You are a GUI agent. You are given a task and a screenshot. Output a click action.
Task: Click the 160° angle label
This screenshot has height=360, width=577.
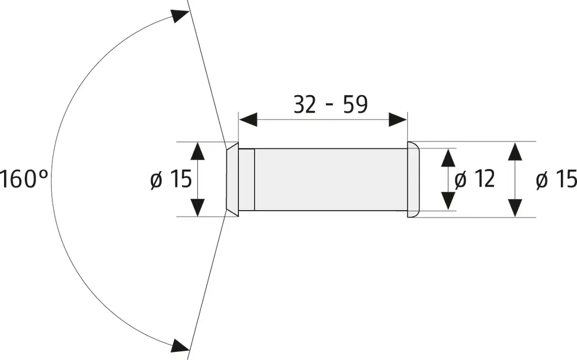[x=23, y=179]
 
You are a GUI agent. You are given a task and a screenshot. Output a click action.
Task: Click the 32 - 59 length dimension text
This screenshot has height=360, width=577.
[x=330, y=104]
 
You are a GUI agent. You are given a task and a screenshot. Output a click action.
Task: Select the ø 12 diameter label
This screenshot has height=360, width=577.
[x=475, y=179]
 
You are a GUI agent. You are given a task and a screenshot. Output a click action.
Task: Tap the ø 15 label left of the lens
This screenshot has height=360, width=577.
[x=170, y=179]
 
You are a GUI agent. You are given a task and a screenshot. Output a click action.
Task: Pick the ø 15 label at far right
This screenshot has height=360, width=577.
[x=556, y=179]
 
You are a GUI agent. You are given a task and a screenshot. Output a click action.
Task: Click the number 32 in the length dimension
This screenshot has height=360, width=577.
[x=305, y=104]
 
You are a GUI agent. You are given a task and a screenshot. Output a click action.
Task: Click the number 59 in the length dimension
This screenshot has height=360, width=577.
[x=354, y=104]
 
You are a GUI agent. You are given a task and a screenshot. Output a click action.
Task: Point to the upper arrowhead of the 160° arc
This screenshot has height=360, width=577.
[x=181, y=17]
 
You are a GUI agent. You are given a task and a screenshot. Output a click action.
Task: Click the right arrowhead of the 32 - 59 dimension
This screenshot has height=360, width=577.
[x=398, y=120]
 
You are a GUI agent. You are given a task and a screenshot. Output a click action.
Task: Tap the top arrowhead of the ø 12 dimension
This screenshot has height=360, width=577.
[x=448, y=157]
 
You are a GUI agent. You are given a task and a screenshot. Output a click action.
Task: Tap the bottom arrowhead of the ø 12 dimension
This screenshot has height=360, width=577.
[x=448, y=201]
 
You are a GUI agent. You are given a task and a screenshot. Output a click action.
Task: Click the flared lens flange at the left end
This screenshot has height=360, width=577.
[x=231, y=179]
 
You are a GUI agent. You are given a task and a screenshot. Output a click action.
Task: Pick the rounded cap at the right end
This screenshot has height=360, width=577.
[x=413, y=179]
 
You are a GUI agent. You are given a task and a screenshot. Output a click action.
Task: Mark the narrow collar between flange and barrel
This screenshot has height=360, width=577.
[x=246, y=179]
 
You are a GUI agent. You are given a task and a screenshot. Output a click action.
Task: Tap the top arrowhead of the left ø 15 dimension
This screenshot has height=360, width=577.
[x=197, y=151]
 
